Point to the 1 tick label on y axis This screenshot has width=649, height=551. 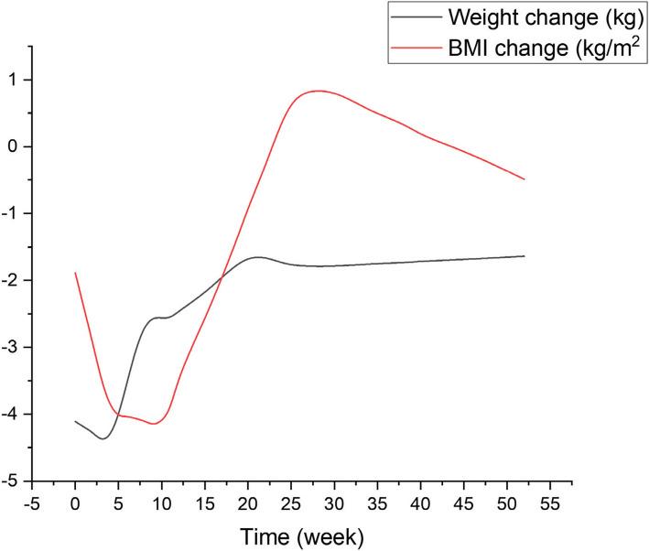tap(15, 80)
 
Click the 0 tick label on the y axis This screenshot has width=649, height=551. tap(15, 146)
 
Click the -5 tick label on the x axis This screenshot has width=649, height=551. tap(32, 502)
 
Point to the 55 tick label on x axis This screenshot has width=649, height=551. tap(550, 502)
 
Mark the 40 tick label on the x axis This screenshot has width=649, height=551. tap(421, 502)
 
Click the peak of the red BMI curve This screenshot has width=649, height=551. tap(317, 91)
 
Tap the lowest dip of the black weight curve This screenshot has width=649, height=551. tap(103, 438)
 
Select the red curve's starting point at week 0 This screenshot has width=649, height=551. tap(75, 273)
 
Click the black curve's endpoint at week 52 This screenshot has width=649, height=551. tap(525, 256)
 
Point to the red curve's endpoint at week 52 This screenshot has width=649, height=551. tap(525, 179)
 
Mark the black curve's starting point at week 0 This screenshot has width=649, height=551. tap(75, 421)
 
